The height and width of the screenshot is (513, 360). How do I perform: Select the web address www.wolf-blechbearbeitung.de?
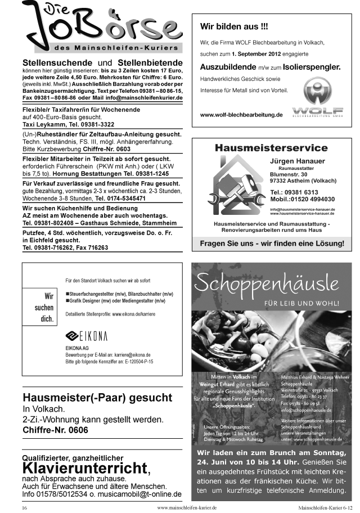pyautogui.click(x=241, y=115)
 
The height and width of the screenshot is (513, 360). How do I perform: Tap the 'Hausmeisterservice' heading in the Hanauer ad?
pyautogui.click(x=271, y=148)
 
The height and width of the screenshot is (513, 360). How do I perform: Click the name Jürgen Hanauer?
pyautogui.click(x=301, y=161)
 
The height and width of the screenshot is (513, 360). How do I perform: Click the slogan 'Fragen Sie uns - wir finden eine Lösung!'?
pyautogui.click(x=272, y=244)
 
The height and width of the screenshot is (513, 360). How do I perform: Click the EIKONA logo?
pyautogui.click(x=87, y=336)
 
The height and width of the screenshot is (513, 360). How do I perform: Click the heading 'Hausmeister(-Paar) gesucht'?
pyautogui.click(x=93, y=398)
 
